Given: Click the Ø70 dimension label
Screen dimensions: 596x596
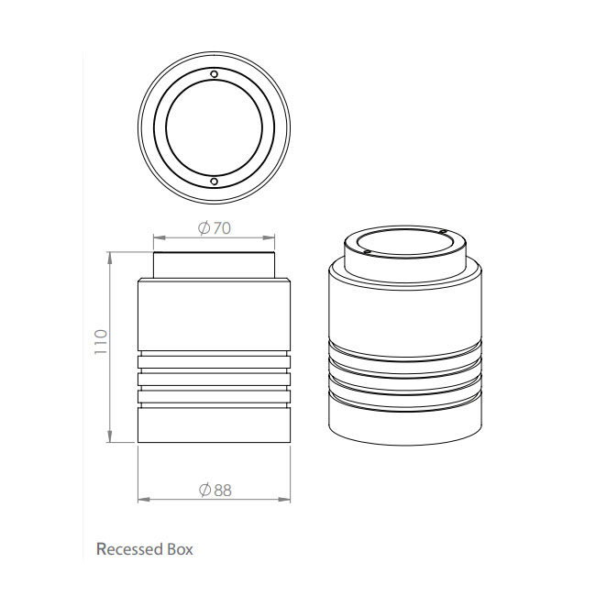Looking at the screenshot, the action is coord(215,228).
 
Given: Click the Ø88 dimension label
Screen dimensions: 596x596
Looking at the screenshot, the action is coord(215,491).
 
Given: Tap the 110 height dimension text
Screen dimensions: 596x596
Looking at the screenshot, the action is coord(101,342).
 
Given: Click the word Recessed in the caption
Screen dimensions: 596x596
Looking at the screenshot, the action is coord(129,549).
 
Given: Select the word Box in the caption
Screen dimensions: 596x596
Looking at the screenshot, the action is coord(180,549).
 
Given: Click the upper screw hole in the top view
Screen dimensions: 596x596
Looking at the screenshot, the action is coord(215,73).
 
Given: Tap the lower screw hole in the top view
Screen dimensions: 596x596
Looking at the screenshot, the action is coord(215,182).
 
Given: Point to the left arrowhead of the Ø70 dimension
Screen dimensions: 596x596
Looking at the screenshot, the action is coord(160,238).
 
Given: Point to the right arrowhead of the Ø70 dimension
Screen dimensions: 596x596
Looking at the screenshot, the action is coord(269,238).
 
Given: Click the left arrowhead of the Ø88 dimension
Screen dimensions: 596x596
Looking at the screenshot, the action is coord(144,499).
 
